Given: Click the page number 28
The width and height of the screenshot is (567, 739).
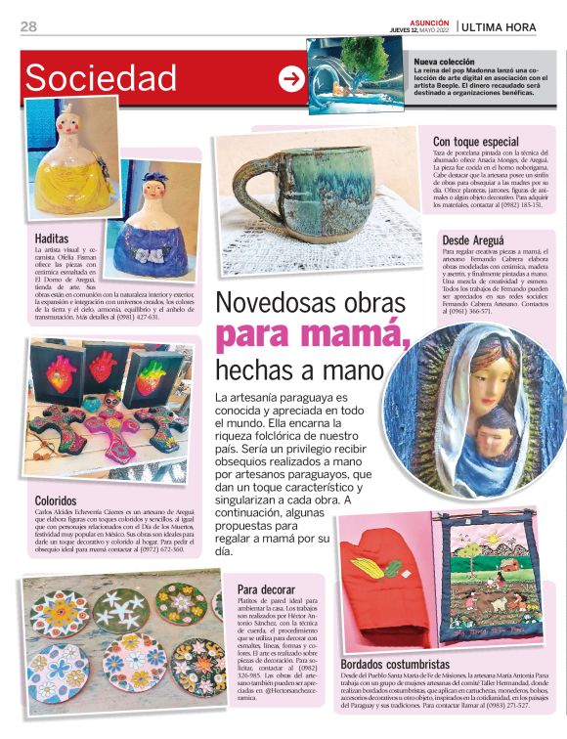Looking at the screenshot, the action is click(29, 26).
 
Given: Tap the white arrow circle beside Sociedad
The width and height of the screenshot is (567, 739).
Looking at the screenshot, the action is click(291, 79).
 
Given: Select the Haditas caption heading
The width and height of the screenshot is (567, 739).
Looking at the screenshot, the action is click(52, 239).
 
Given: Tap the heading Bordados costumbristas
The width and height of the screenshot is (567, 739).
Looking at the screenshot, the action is click(403, 664).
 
